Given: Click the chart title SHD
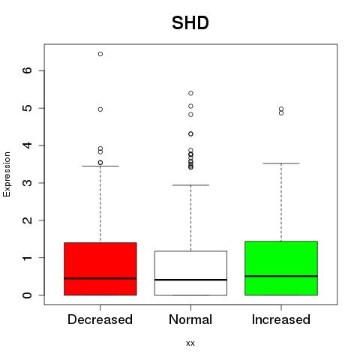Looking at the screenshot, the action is click(190, 22).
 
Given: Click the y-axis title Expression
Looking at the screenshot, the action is click(7, 174).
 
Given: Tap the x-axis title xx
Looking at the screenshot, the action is click(190, 343).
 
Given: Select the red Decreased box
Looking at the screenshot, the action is click(100, 268).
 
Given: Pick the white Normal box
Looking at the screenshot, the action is click(190, 273).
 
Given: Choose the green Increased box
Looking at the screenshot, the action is click(281, 268).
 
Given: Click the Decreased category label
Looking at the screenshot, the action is click(100, 319).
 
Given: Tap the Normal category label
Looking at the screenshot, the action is click(190, 319).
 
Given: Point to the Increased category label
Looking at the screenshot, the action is click(281, 319).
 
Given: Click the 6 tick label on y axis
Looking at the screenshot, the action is click(28, 70).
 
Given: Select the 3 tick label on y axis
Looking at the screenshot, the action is click(28, 183).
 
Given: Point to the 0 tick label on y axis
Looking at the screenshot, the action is click(28, 295).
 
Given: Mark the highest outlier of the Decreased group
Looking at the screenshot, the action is click(100, 54).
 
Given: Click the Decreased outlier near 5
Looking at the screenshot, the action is click(100, 109).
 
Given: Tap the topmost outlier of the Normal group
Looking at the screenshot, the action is click(190, 93).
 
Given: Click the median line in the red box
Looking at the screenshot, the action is click(100, 278).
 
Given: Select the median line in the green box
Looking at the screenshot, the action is click(281, 276).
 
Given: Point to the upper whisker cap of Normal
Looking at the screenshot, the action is click(190, 185).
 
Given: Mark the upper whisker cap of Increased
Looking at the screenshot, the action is click(281, 163).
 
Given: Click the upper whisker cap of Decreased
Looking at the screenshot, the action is click(100, 166).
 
